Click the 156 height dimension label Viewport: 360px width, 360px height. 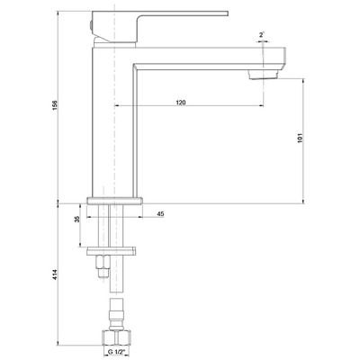pyautogui.click(x=55, y=105)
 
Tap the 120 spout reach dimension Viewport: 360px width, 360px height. pyautogui.click(x=181, y=103)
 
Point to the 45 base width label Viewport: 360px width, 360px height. pyautogui.click(x=160, y=213)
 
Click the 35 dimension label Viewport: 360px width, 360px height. pyautogui.click(x=77, y=219)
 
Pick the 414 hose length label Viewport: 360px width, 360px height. pyautogui.click(x=55, y=274)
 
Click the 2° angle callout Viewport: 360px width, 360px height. pyautogui.click(x=262, y=34)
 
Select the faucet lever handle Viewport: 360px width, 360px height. pyautogui.click(x=160, y=26)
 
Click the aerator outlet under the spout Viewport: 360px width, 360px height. pyautogui.click(x=264, y=75)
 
